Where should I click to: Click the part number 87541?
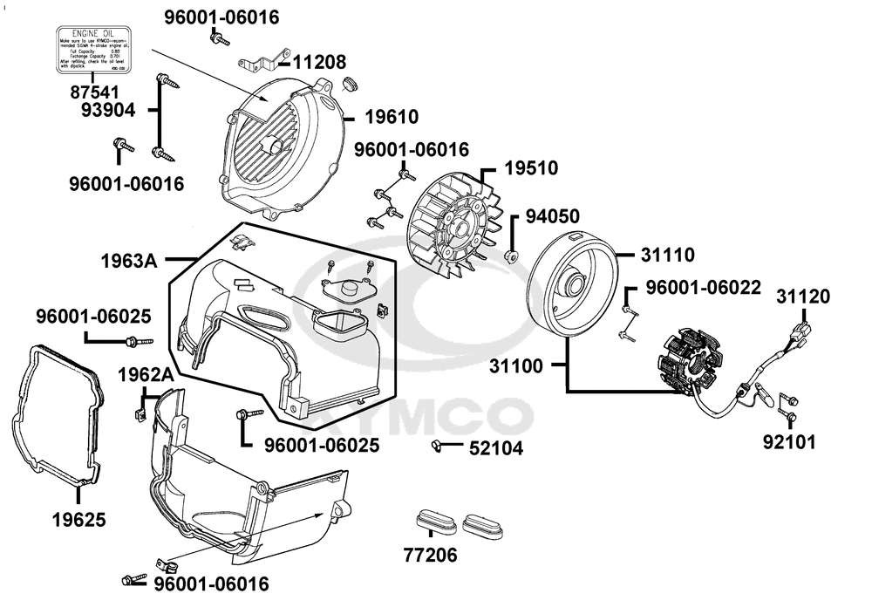[x=98, y=92]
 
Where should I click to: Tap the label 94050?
[x=555, y=216]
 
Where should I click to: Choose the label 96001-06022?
[x=702, y=287]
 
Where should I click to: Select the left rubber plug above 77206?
[x=433, y=521]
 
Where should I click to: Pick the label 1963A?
[x=129, y=260]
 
